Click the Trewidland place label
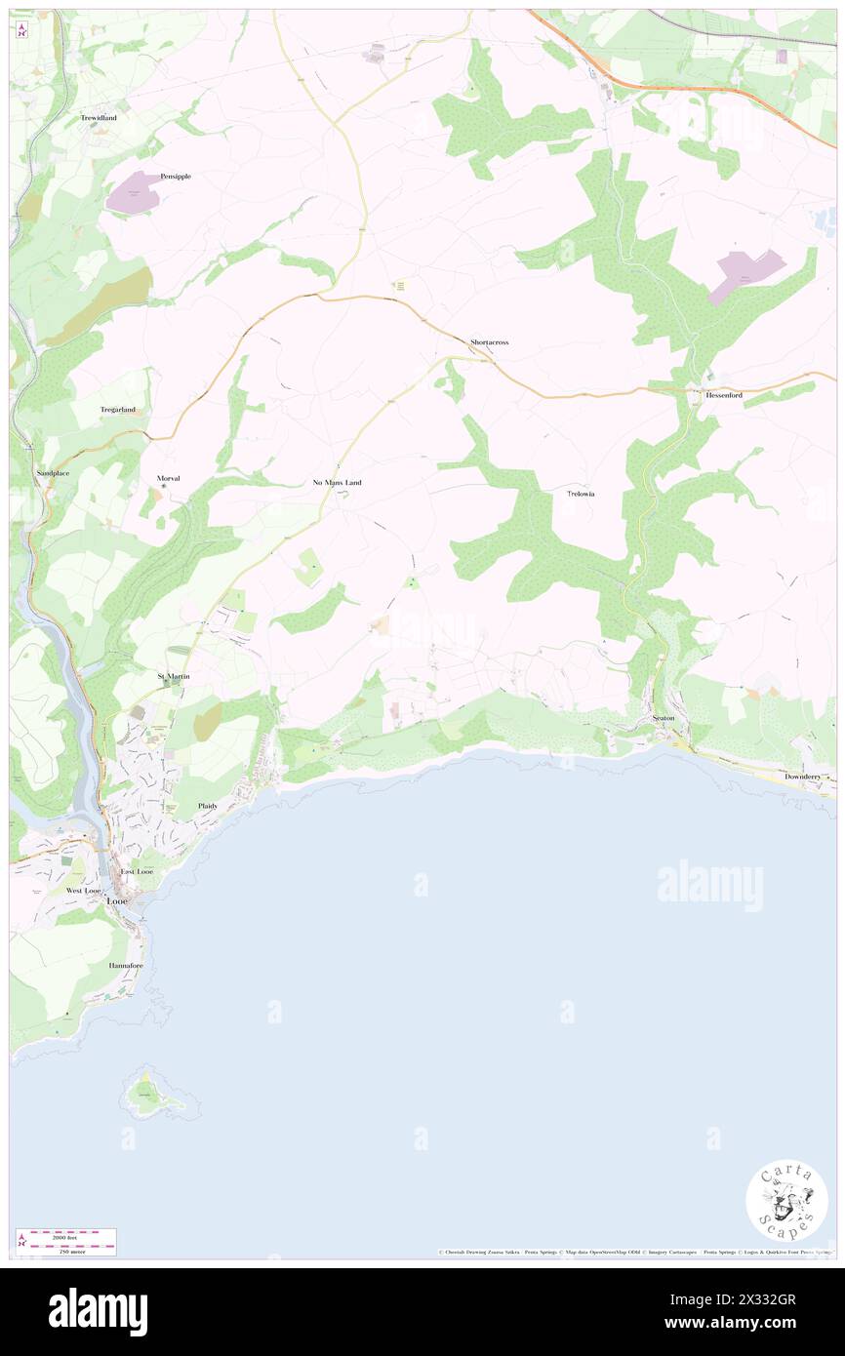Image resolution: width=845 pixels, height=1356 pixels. [98, 118]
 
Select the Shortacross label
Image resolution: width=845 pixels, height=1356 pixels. [489, 342]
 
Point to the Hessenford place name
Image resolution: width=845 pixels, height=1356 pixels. [718, 395]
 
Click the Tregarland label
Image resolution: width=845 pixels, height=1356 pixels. [117, 410]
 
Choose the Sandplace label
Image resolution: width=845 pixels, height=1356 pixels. [53, 472]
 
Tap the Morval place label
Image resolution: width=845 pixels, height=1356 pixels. [169, 478]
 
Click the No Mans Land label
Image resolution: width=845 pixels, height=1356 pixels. [337, 483]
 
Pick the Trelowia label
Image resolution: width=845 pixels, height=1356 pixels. [581, 495]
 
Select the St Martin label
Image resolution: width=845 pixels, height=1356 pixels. [174, 676]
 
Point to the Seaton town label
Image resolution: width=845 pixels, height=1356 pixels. [664, 718]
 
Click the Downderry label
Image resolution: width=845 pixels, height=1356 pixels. [808, 777]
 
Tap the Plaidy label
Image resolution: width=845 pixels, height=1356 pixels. [208, 806]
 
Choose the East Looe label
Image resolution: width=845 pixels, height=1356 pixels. [138, 871]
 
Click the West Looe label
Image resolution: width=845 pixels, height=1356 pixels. [84, 891]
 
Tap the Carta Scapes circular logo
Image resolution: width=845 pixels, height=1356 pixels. [786, 1201]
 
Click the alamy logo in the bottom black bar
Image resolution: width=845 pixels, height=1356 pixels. [98, 1312]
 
